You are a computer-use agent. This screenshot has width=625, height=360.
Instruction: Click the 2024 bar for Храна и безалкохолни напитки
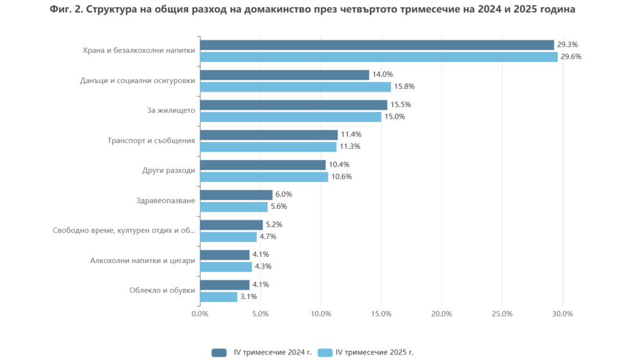377,45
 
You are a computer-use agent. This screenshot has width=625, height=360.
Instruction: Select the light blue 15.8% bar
295,87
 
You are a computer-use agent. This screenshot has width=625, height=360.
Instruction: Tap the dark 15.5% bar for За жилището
294,105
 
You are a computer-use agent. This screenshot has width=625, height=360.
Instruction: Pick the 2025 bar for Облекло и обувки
219,297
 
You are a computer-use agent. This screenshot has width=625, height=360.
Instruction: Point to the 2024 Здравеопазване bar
236,195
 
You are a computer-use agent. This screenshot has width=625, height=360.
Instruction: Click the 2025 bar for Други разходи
264,177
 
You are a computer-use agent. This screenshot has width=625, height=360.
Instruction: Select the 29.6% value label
571,57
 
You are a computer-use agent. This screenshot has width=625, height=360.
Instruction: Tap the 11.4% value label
351,135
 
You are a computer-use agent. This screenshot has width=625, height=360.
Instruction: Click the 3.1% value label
248,297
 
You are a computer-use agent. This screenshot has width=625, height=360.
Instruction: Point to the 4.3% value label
263,267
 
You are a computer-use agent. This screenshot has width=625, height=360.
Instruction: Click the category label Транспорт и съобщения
151,140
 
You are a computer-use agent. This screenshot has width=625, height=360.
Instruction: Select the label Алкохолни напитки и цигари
143,261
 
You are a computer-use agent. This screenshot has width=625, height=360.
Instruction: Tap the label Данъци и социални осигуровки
138,81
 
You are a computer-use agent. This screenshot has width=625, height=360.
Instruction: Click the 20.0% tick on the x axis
441,314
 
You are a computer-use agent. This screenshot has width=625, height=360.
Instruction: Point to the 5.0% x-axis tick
261,314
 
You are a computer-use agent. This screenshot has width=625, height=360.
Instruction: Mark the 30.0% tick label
562,314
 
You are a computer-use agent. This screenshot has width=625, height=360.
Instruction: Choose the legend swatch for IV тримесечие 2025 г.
325,352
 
